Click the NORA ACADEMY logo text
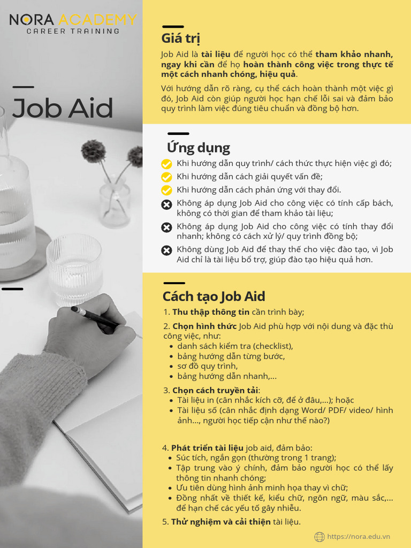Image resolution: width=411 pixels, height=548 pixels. (73, 20)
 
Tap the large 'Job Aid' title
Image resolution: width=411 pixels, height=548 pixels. (63, 108)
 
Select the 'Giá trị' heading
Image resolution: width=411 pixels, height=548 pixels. (181, 39)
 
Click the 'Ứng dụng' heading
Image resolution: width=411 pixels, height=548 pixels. (199, 148)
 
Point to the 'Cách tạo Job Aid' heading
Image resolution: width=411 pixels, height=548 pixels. (214, 296)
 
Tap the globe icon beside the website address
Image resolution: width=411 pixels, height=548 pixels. (319, 537)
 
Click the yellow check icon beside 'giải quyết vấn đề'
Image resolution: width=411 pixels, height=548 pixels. (167, 177)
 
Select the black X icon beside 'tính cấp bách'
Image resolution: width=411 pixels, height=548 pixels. (167, 204)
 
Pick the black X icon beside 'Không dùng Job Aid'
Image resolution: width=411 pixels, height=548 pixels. (167, 250)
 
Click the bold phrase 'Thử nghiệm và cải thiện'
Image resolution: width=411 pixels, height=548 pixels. (221, 522)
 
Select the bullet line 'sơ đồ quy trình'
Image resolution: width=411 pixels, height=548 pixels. (207, 366)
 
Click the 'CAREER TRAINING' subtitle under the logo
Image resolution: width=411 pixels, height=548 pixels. (73, 32)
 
